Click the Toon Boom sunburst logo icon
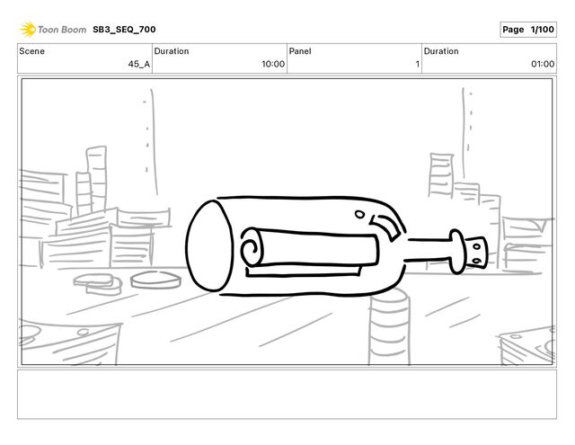tap(28, 30)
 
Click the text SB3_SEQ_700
tap(124, 30)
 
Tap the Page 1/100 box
tap(528, 30)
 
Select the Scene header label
tap(32, 51)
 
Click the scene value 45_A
tap(139, 64)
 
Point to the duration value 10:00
tap(273, 64)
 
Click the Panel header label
tap(300, 51)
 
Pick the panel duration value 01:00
tap(543, 64)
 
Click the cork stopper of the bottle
tap(476, 253)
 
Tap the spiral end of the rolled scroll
tap(252, 247)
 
